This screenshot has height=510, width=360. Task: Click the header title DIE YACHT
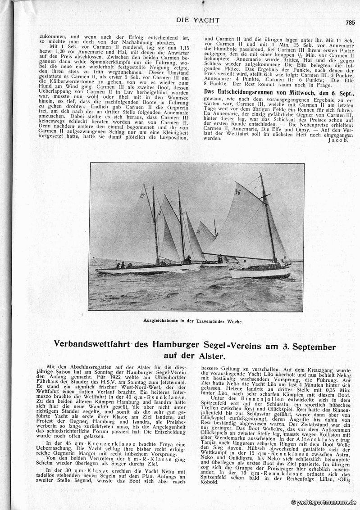198,20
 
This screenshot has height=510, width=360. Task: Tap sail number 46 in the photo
238,192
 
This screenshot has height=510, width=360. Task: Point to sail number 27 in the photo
142,195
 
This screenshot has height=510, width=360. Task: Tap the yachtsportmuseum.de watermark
324,502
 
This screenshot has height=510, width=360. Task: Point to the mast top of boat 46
260,173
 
